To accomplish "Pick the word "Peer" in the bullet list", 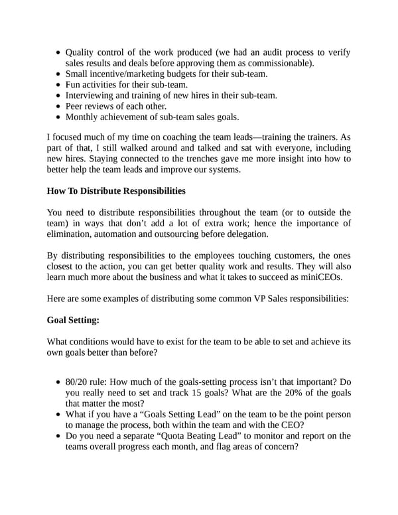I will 76,106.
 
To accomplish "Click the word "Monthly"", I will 83,117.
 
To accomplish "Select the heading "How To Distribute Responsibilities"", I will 116,191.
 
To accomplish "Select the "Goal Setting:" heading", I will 73,320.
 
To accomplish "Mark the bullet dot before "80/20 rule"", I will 59,382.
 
